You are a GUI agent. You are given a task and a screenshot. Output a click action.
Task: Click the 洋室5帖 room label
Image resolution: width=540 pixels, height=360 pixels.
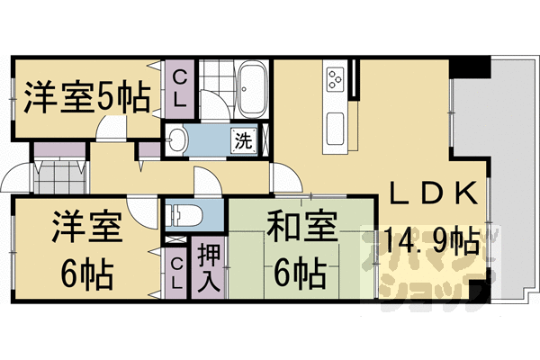(86, 98)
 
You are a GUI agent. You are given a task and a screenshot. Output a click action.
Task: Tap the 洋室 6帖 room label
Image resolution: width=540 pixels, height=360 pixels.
(85, 247)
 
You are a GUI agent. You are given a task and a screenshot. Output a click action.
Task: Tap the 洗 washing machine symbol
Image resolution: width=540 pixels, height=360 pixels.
(243, 140)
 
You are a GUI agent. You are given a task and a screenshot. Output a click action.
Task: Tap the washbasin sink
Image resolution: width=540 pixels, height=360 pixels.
(177, 139)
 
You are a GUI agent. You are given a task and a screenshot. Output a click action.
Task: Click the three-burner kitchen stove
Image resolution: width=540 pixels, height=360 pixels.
(337, 78)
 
